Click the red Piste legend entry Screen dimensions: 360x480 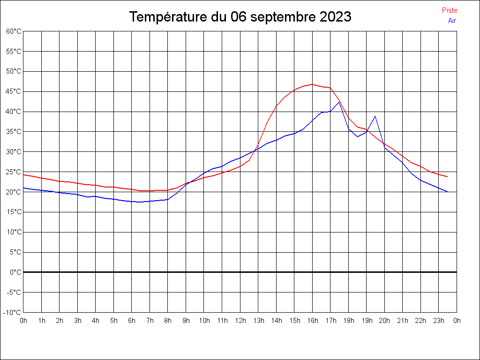(449, 10)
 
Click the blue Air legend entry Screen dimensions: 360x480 (452, 21)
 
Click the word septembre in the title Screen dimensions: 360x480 (283, 17)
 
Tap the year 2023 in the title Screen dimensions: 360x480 (335, 17)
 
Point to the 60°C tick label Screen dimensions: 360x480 (14, 31)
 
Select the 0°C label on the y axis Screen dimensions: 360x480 (15, 272)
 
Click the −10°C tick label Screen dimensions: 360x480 (13, 312)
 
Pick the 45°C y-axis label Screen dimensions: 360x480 (14, 91)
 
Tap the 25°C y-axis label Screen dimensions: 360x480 (14, 172)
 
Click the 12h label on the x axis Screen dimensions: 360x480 (240, 321)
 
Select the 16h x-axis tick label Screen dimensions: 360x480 (312, 321)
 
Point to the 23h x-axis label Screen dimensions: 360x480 (439, 321)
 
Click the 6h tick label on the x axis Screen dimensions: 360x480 (132, 321)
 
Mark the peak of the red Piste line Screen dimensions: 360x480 (312, 84)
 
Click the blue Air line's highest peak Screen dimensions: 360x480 (339, 102)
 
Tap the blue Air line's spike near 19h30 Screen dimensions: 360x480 (375, 116)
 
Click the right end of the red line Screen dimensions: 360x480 (448, 177)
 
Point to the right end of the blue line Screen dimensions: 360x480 (448, 192)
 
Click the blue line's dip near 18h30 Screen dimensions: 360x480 (357, 136)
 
